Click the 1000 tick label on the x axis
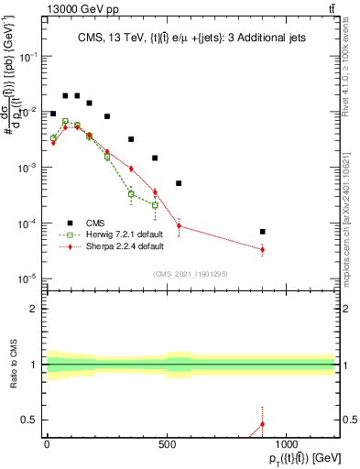pos(287,444)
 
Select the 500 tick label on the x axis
pos(167,444)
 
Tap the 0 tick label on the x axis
pos(47,444)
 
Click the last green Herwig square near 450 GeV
pos(155,205)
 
